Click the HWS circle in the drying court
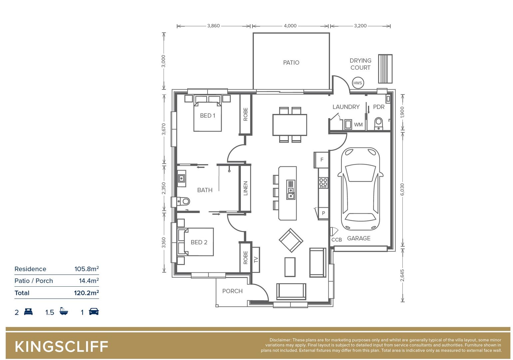tap(357, 83)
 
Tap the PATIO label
tap(291, 63)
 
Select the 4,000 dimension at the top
tap(290, 26)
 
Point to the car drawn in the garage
tap(360, 189)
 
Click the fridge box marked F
tap(322, 160)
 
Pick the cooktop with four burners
tap(323, 183)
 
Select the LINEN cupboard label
tap(246, 188)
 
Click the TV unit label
tap(256, 260)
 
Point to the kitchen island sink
tap(291, 190)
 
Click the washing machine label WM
tap(358, 125)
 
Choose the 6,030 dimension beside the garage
tap(402, 189)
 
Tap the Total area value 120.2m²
tap(86, 293)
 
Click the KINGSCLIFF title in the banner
tap(62, 347)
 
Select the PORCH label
tap(232, 291)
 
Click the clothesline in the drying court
tap(385, 69)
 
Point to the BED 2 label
tap(199, 242)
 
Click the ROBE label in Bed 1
tap(246, 114)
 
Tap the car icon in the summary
tap(94, 312)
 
